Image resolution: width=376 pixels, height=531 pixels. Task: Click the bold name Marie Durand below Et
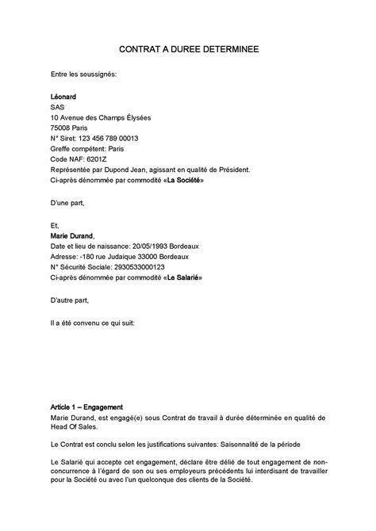(x=71, y=235)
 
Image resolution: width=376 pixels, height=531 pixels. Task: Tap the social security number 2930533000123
(x=136, y=267)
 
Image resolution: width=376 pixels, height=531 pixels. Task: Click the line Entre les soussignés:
(x=83, y=74)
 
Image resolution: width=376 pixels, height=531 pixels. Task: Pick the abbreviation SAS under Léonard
(x=57, y=107)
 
